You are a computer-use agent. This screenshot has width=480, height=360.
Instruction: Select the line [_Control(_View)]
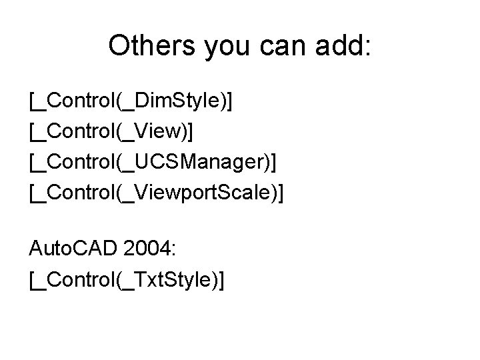click(111, 132)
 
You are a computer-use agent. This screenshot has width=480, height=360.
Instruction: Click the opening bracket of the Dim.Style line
click(32, 101)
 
